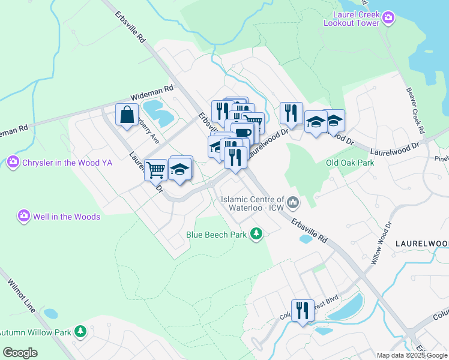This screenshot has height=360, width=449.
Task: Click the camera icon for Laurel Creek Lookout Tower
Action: point(388,17)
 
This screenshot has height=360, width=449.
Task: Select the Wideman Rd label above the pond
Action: point(152,93)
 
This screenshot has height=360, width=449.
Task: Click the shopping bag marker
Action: point(127,115)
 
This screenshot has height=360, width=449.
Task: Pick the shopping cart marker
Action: point(155,170)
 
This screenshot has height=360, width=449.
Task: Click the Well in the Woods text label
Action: point(66,217)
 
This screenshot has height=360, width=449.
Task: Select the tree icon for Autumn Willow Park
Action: point(80,331)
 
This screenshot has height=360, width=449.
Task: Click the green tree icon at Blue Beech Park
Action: point(256,233)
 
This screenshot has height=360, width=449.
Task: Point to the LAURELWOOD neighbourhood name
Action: point(421,243)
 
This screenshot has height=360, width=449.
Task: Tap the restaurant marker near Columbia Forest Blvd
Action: point(303,310)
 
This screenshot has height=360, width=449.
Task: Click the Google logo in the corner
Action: point(20,352)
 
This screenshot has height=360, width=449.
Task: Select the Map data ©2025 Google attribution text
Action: point(411,355)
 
